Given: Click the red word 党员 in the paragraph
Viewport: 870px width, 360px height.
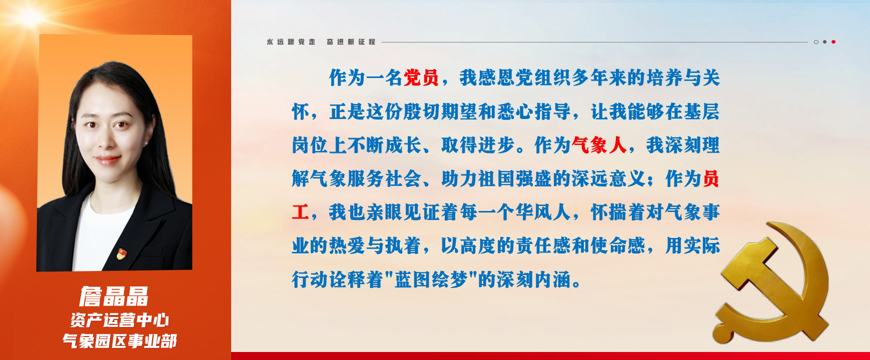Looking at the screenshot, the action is (x=421, y=77).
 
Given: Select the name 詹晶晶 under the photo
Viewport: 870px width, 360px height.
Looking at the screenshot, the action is (x=114, y=296).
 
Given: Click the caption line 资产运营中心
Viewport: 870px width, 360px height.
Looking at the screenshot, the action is (x=120, y=320).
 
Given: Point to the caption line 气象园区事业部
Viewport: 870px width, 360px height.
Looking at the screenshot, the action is (x=120, y=341).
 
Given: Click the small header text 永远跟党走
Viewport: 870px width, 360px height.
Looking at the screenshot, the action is (x=291, y=42).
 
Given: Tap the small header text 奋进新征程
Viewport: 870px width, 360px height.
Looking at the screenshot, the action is (x=351, y=42).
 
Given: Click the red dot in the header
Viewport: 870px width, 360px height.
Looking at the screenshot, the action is (x=833, y=42).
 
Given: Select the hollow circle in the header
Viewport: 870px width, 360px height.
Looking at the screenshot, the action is (x=816, y=42).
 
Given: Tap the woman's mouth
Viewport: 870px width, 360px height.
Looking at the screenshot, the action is (x=108, y=160).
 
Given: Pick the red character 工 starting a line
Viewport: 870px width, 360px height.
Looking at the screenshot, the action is (x=301, y=212).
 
